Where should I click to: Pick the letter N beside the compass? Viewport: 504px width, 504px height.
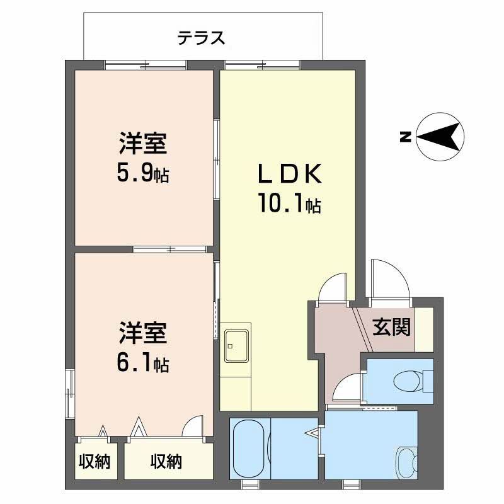(x=406, y=136)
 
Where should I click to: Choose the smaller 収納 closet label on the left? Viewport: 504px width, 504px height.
(x=94, y=462)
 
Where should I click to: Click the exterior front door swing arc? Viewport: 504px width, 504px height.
(x=391, y=277)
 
